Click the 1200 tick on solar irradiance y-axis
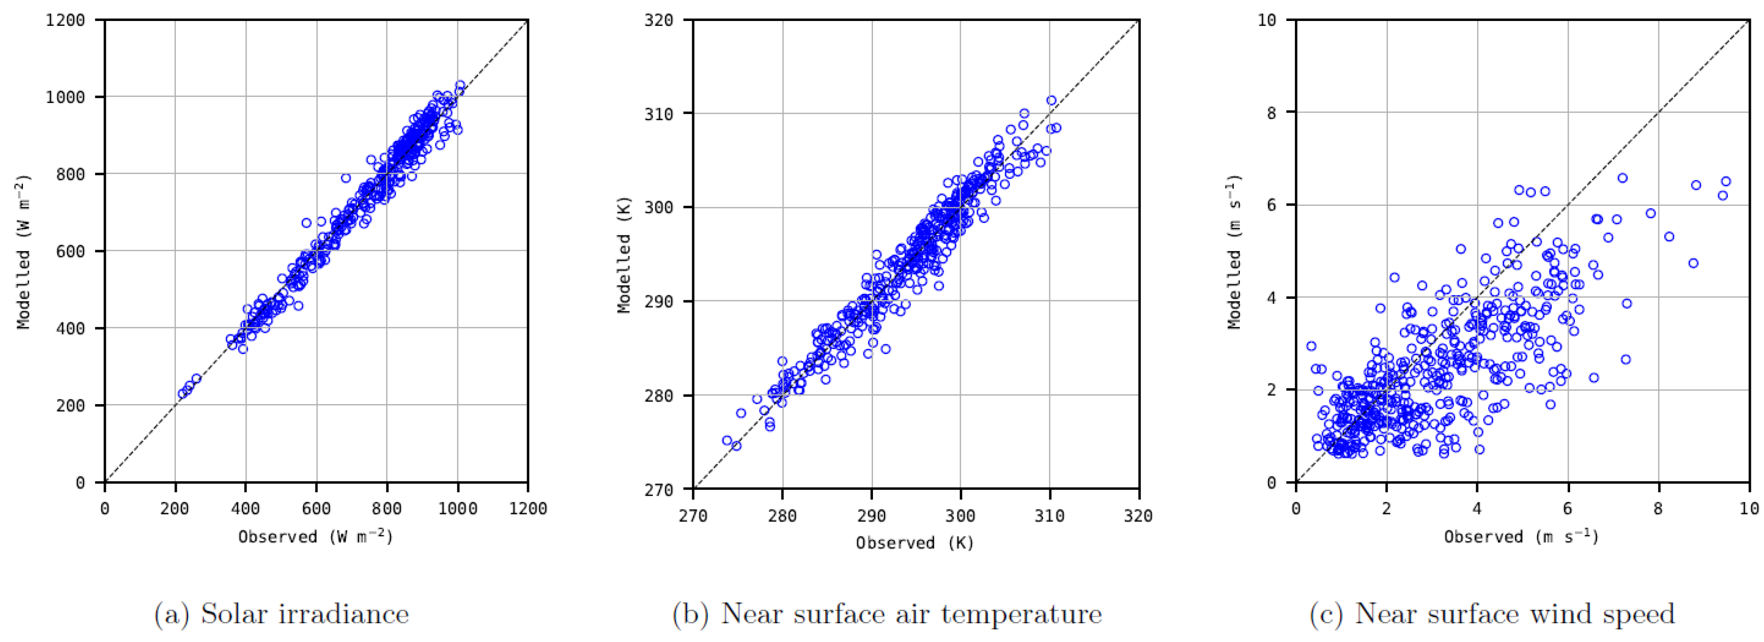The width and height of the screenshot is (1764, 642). (65, 20)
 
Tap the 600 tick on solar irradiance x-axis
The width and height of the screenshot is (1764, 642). (316, 509)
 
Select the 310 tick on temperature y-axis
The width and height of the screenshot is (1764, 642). (658, 114)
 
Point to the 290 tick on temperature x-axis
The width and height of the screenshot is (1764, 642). (871, 516)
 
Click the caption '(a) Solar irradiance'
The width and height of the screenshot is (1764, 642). (282, 614)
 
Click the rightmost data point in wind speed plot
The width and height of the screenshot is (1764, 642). (1726, 181)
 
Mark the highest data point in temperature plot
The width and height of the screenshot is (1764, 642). (1051, 100)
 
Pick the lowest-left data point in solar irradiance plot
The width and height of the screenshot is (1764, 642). (182, 394)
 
